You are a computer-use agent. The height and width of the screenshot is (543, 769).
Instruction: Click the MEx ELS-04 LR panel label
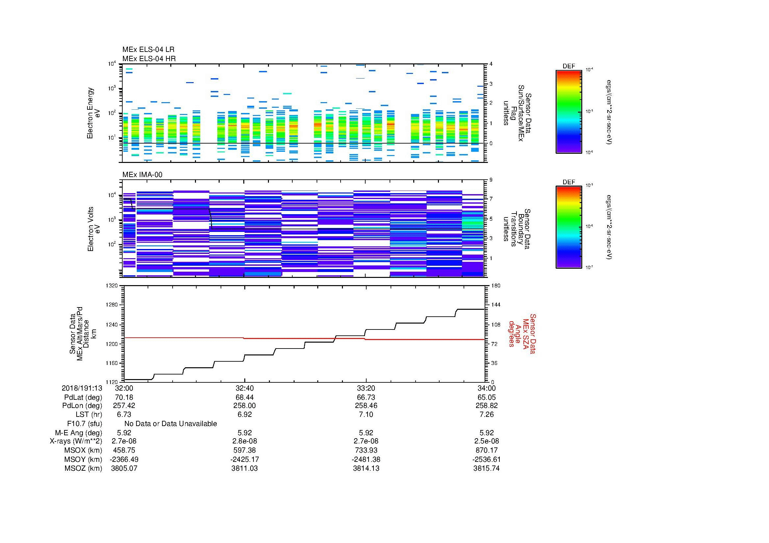point(148,50)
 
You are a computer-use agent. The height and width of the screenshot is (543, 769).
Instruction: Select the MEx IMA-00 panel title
point(142,175)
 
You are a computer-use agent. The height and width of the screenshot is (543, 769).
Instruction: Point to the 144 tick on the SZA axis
point(495,305)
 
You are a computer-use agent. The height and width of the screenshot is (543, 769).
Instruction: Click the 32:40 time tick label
point(245,388)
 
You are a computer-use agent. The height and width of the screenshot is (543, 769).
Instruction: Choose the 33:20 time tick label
point(366,388)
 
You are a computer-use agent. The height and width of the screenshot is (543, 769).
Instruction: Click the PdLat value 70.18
point(124,397)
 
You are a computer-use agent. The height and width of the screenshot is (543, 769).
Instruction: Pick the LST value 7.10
point(366,415)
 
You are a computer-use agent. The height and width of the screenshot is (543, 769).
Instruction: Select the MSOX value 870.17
point(486,450)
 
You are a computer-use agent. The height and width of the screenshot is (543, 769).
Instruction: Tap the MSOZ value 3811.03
point(245,468)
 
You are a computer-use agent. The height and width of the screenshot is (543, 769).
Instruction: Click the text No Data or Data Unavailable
point(171,424)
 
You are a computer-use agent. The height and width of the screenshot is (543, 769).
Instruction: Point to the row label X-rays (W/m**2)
point(76,441)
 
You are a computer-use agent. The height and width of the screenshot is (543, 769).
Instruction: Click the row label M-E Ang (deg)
point(78,433)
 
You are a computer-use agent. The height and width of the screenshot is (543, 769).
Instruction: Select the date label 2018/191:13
point(82,388)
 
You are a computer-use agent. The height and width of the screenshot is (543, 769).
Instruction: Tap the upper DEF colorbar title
point(568,66)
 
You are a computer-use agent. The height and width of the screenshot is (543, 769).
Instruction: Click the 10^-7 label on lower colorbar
point(589,267)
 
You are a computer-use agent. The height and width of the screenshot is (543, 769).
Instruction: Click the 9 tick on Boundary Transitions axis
point(491,180)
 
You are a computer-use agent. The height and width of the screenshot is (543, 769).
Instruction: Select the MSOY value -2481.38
point(366,459)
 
